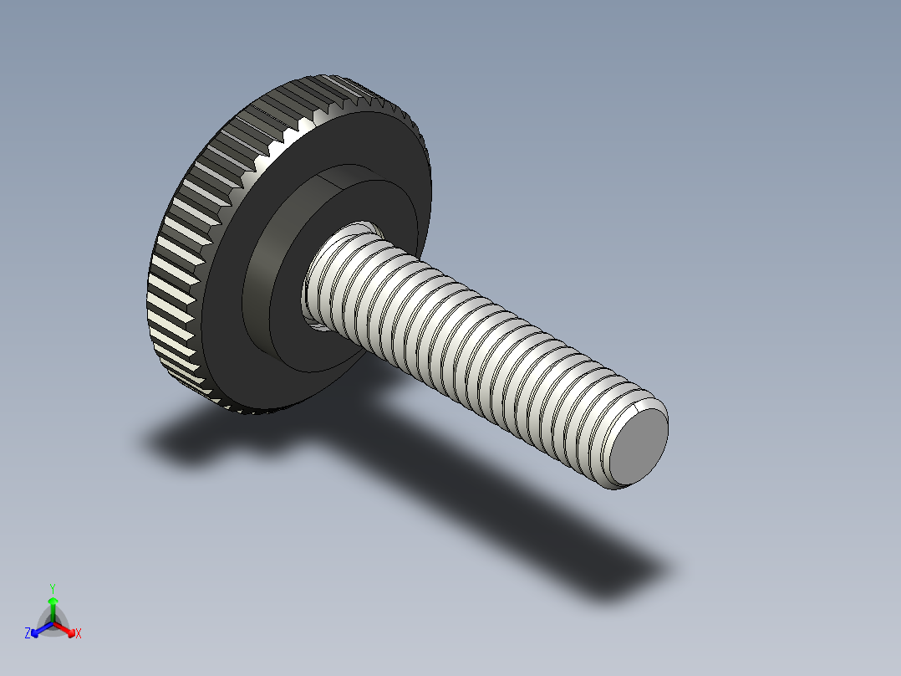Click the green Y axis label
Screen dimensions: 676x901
(x=52, y=587)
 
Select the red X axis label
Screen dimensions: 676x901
(x=79, y=634)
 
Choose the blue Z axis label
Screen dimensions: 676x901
(x=28, y=634)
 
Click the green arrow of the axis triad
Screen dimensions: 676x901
(x=52, y=604)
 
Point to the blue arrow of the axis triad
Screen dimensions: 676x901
(x=37, y=631)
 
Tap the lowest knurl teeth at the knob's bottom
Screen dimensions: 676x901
(x=251, y=411)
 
